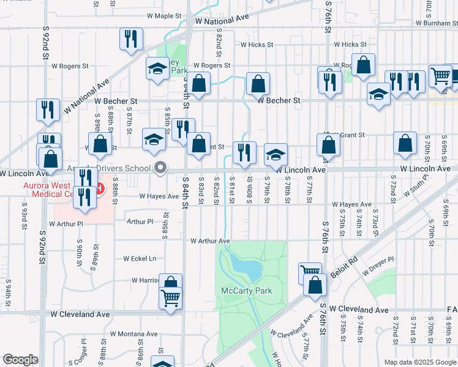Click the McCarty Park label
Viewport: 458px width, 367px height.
pyautogui.click(x=246, y=291)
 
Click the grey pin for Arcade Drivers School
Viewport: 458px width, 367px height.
pyautogui.click(x=161, y=168)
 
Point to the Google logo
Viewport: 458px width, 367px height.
pyautogui.click(x=20, y=360)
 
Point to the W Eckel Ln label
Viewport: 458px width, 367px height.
pyautogui.click(x=140, y=259)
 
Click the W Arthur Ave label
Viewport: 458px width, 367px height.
pyautogui.click(x=210, y=241)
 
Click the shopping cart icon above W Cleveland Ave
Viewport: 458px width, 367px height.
pyautogui.click(x=171, y=299)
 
